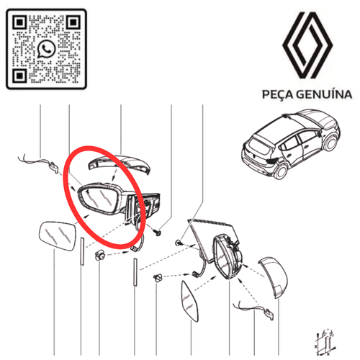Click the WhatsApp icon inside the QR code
[46, 49]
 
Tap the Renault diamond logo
[307, 45]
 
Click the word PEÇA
[277, 94]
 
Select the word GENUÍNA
[324, 94]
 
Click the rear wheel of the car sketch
[280, 171]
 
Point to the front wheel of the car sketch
[330, 143]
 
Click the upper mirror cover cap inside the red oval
[120, 163]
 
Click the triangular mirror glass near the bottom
[190, 301]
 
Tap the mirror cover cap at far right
[274, 277]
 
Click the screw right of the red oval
[157, 232]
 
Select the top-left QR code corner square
[19, 22]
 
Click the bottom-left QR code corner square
[19, 76]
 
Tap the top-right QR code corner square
[73, 22]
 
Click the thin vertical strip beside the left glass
[82, 251]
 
